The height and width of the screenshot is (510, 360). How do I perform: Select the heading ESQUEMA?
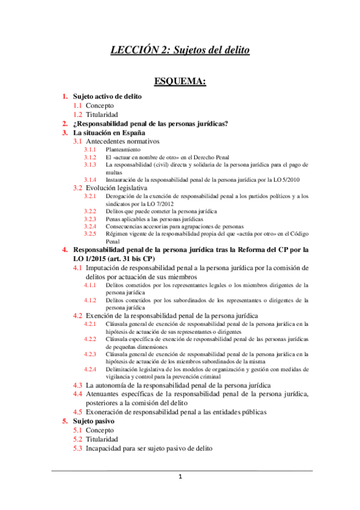(x=180, y=81)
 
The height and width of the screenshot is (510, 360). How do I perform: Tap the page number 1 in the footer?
(x=180, y=477)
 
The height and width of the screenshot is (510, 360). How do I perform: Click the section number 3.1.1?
(x=90, y=149)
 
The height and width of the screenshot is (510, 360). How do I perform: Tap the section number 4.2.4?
(x=90, y=369)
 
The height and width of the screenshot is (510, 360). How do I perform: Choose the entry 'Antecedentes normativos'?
(x=123, y=141)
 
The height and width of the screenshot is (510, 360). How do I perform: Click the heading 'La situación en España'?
(x=109, y=132)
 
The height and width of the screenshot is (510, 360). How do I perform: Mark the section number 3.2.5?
(x=90, y=233)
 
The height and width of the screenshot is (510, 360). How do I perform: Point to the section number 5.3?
(x=78, y=448)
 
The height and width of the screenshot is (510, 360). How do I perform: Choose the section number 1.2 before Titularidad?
(x=78, y=114)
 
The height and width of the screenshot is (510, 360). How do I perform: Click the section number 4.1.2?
(x=90, y=300)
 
